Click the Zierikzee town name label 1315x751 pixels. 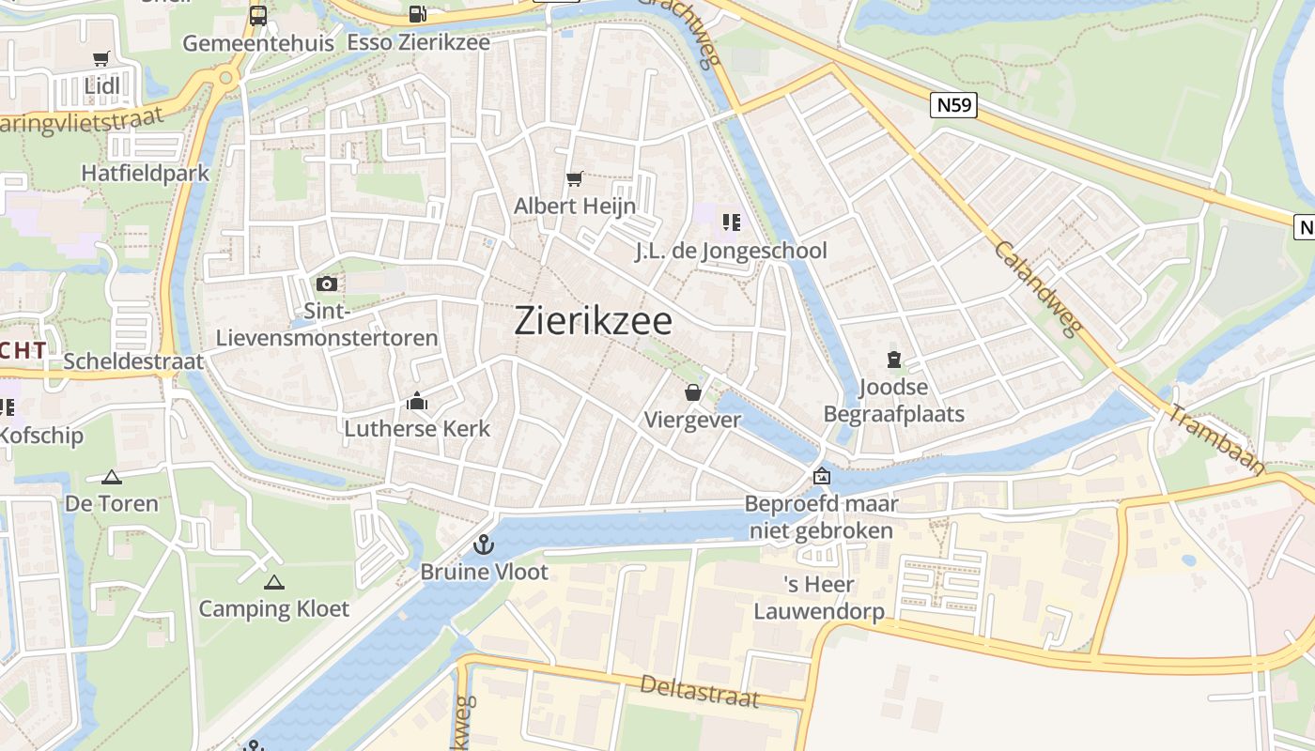[594, 321]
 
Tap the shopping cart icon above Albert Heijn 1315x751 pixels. [574, 178]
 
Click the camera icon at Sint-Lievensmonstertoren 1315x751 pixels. [327, 284]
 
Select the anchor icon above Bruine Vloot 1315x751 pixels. [483, 544]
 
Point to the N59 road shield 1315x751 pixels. [955, 104]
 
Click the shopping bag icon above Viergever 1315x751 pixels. [693, 392]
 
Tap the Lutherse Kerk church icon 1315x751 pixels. [417, 402]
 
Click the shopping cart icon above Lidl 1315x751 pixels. [101, 58]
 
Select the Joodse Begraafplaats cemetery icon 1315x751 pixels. [893, 359]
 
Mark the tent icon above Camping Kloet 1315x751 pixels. [273, 582]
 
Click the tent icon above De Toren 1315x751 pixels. [112, 477]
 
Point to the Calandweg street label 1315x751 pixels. [1038, 288]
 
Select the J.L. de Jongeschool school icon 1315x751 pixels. [731, 222]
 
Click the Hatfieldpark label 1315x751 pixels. [146, 174]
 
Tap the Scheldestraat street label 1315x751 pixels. [133, 361]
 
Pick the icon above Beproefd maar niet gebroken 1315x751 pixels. [822, 477]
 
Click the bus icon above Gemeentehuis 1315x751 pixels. [258, 15]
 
